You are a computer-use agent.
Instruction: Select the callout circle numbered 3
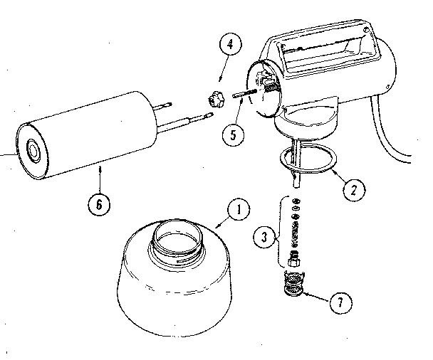pos(265,236)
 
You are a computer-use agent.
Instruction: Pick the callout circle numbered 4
pos(229,44)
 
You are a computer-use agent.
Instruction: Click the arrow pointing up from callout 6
pos(101,174)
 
